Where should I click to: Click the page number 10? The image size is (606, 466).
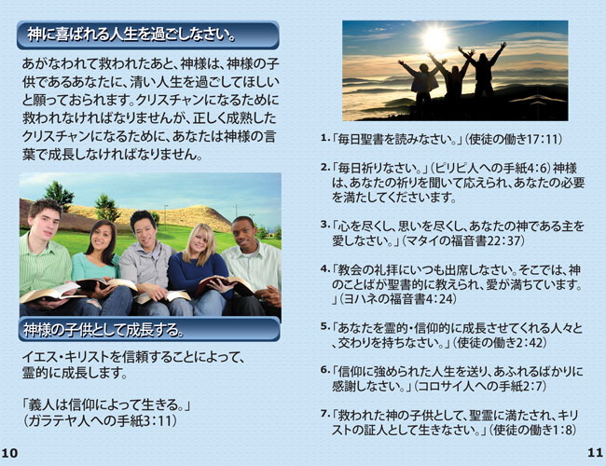point(9,452)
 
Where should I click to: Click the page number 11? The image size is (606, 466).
point(595,452)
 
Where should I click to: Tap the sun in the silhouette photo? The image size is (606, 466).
point(435,38)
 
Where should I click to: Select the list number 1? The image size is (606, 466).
point(324,138)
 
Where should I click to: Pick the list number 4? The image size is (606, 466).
point(324,268)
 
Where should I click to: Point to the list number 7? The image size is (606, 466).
point(324,414)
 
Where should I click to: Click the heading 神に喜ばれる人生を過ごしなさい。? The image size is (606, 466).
point(131,34)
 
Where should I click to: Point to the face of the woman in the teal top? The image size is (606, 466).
point(102,237)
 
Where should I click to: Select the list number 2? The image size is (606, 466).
point(324,167)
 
